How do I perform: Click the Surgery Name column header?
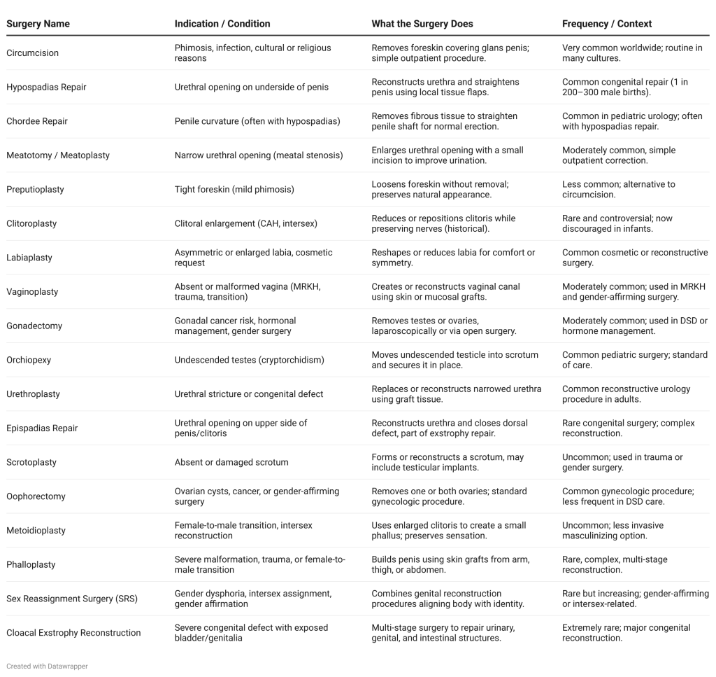pyautogui.click(x=38, y=24)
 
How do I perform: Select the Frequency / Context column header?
pyautogui.click(x=606, y=24)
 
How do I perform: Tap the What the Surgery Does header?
pyautogui.click(x=422, y=24)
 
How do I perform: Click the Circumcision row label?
pyautogui.click(x=32, y=53)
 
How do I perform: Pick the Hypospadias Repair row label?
pyautogui.click(x=46, y=88)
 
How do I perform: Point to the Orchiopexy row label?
pyautogui.click(x=29, y=360)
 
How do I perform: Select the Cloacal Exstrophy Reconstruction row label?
pyautogui.click(x=73, y=633)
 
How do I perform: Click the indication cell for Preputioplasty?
pyautogui.click(x=234, y=190)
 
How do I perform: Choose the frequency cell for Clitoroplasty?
pyautogui.click(x=617, y=223)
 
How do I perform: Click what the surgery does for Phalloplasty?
pyautogui.click(x=450, y=564)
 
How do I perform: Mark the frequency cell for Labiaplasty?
pyautogui.click(x=634, y=258)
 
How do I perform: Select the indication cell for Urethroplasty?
pyautogui.click(x=249, y=394)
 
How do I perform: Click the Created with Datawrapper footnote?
pyautogui.click(x=47, y=666)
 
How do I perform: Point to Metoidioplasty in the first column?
pyautogui.click(x=36, y=531)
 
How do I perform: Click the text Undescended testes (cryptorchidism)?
pyautogui.click(x=250, y=360)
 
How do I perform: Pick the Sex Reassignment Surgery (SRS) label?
pyautogui.click(x=72, y=599)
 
